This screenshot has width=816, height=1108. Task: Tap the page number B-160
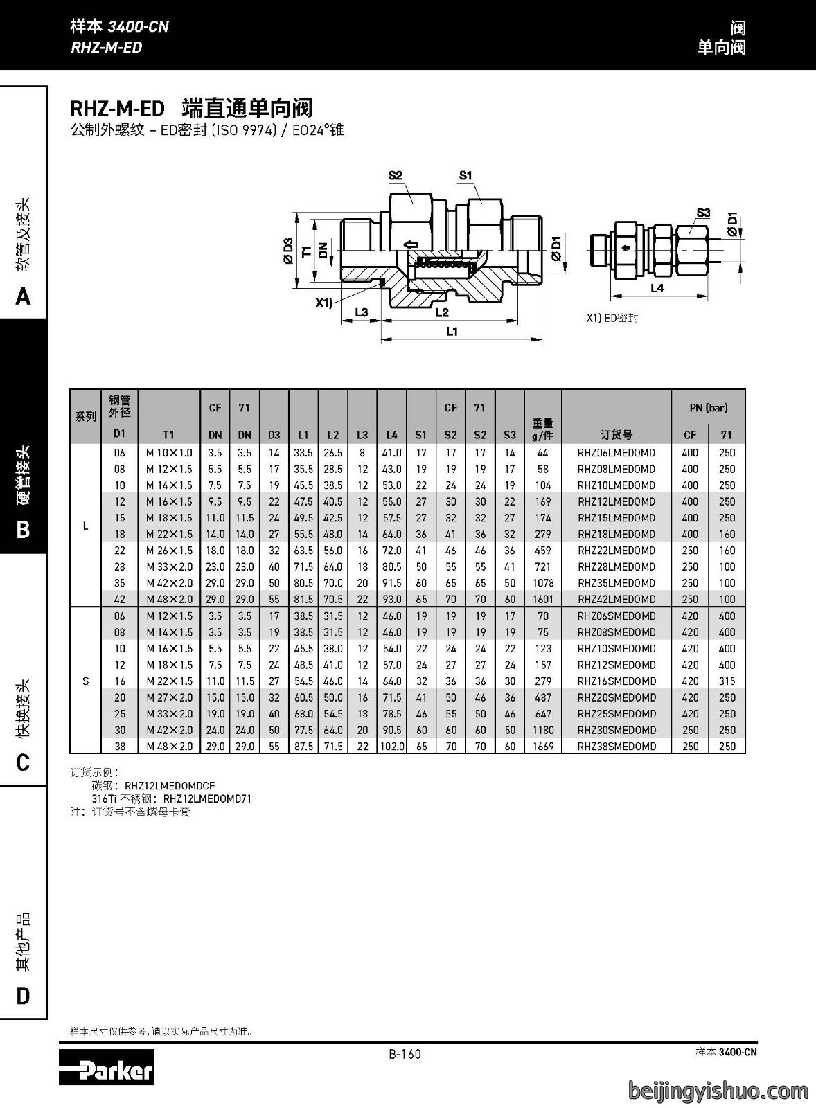pyautogui.click(x=405, y=1054)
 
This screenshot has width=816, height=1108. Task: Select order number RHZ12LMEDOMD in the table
pyautogui.click(x=616, y=501)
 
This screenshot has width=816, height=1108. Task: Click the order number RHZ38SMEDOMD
pyautogui.click(x=616, y=747)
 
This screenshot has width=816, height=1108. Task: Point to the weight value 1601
pyautogui.click(x=543, y=600)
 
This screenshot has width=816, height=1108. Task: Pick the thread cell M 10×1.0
pyautogui.click(x=169, y=453)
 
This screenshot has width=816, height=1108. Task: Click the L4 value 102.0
pyautogui.click(x=392, y=747)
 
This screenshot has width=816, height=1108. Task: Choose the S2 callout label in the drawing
pyautogui.click(x=395, y=175)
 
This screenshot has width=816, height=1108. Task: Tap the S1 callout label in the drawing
pyautogui.click(x=465, y=175)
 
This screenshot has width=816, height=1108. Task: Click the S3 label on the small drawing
pyautogui.click(x=703, y=213)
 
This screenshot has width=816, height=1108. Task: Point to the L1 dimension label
pyautogui.click(x=452, y=331)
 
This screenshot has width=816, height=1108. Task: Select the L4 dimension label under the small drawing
pyautogui.click(x=657, y=288)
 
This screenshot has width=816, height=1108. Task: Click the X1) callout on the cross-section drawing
pyautogui.click(x=325, y=302)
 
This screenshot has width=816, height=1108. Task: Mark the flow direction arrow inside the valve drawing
pyautogui.click(x=411, y=244)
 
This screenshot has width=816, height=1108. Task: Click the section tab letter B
pyautogui.click(x=23, y=530)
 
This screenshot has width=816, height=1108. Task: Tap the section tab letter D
pyautogui.click(x=24, y=996)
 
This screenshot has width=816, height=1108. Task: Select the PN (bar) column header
pyautogui.click(x=708, y=408)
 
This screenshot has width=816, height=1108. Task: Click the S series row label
pyautogui.click(x=86, y=681)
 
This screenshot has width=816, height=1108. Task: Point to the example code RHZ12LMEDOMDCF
pyautogui.click(x=170, y=786)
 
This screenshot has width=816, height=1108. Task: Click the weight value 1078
pyautogui.click(x=543, y=583)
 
